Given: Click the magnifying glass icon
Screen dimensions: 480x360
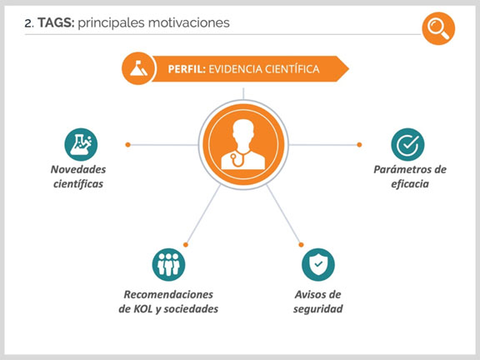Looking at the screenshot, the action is tap(438, 28).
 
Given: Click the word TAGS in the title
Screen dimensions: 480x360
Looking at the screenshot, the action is tap(56, 22).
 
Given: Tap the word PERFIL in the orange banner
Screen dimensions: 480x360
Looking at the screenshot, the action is tap(187, 69).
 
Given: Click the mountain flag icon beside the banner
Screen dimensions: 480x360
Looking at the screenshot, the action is tap(138, 68).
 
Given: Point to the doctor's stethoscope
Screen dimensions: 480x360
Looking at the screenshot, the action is tap(239, 158).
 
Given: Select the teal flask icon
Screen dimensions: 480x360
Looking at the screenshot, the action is tap(81, 144).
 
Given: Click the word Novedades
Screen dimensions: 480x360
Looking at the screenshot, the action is tap(78, 169).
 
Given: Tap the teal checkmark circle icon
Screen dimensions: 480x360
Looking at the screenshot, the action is tap(407, 144).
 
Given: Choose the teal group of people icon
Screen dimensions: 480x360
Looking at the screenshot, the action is tap(168, 264).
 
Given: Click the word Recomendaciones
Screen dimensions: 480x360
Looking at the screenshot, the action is tap(168, 294).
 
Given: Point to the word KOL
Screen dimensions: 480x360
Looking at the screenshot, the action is tap(142, 309).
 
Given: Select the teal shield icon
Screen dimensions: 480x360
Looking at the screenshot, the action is tap(318, 264).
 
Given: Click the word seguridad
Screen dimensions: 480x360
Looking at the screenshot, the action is tap(318, 309).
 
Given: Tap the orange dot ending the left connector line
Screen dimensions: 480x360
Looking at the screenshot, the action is tap(128, 144).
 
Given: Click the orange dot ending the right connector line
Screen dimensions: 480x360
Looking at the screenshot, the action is tap(359, 144).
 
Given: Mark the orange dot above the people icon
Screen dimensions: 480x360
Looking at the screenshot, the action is tap(186, 245).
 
